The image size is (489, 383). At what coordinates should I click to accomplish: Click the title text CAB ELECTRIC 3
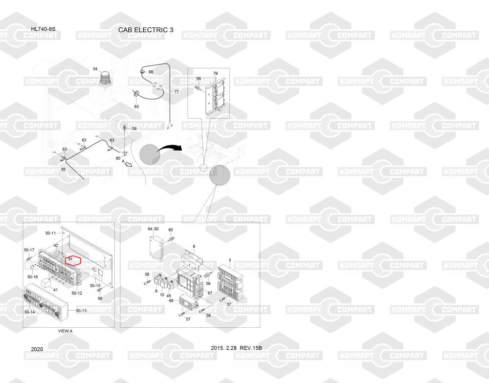pyautogui.click(x=146, y=30)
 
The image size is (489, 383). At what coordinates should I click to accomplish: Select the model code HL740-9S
pyautogui.click(x=44, y=29)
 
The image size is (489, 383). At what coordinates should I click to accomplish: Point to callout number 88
pyautogui.click(x=151, y=72)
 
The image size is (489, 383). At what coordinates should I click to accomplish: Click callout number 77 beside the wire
pyautogui.click(x=177, y=91)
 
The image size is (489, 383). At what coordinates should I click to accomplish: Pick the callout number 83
pyautogui.click(x=136, y=106)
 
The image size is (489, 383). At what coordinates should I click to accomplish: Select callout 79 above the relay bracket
pyautogui.click(x=215, y=73)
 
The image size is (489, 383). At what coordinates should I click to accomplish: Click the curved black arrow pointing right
pyautogui.click(x=170, y=146)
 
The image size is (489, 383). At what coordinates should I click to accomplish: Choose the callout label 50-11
pyautogui.click(x=51, y=233)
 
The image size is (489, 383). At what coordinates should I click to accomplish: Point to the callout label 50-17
pyautogui.click(x=29, y=250)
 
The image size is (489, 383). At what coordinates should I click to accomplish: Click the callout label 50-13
pyautogui.click(x=81, y=311)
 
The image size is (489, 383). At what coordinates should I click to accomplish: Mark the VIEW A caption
pyautogui.click(x=65, y=331)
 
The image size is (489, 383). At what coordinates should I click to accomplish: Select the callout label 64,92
pyautogui.click(x=153, y=229)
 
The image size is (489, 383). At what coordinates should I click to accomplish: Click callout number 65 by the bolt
pyautogui.click(x=171, y=230)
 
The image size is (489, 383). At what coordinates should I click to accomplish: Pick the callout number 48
pyautogui.click(x=171, y=300)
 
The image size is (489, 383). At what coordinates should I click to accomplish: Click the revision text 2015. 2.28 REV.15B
pyautogui.click(x=237, y=348)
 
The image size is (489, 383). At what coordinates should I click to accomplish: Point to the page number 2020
pyautogui.click(x=37, y=349)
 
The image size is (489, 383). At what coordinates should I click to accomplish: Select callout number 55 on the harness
pyautogui.click(x=63, y=169)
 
